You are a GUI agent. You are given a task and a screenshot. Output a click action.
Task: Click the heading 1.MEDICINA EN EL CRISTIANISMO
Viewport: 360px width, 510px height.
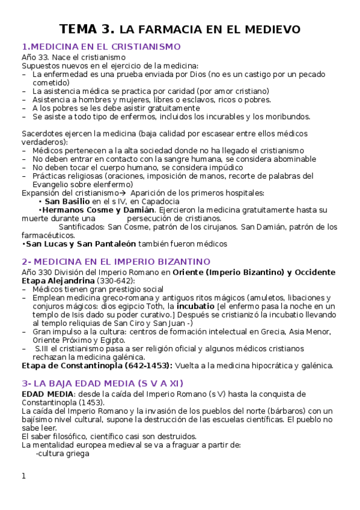[101, 46]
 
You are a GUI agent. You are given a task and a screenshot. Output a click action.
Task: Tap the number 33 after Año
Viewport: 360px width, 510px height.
[43, 57]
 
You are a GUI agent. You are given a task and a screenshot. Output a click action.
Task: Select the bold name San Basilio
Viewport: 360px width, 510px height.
[67, 201]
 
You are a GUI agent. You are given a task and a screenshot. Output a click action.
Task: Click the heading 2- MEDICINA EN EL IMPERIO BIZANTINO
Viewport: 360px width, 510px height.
[115, 262]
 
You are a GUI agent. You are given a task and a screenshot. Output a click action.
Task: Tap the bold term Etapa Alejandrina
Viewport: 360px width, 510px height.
[56, 280]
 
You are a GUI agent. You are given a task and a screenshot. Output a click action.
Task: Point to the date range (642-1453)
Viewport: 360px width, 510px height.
[148, 365]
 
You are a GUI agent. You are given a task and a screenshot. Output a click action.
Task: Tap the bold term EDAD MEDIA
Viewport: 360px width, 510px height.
[45, 394]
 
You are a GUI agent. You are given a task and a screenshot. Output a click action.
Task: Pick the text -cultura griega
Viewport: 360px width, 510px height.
[63, 454]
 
